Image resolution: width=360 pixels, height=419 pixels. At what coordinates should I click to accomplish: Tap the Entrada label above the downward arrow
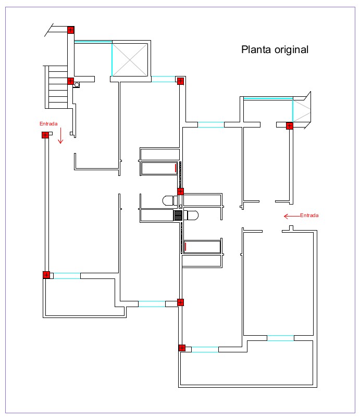[x=48, y=124]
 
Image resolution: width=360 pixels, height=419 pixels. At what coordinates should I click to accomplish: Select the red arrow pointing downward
[x=60, y=136]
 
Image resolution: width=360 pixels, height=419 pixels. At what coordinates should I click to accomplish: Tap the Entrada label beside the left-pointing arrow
[x=309, y=215]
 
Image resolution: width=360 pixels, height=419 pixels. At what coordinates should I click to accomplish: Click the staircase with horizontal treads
[x=57, y=86]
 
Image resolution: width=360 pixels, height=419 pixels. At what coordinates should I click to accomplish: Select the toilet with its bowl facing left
[x=168, y=200]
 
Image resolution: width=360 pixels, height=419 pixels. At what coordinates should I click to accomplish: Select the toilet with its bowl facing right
[x=192, y=215]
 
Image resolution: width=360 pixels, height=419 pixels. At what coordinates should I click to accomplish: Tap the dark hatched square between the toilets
[x=178, y=215]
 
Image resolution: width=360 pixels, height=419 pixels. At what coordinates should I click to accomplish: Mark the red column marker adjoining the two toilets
[x=180, y=192]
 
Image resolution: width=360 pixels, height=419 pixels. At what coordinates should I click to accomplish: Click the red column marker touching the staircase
[x=70, y=81]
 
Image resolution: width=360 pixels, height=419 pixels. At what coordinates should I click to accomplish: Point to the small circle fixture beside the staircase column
[x=77, y=84]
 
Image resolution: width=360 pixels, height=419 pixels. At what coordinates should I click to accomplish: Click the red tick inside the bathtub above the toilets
[x=176, y=168]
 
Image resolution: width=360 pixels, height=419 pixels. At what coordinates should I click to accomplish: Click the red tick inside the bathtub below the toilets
[x=185, y=247]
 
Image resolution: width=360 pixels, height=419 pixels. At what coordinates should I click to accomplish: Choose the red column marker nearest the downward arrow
[x=45, y=135]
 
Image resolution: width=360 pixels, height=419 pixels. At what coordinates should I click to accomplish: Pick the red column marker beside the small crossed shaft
[x=289, y=125]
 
